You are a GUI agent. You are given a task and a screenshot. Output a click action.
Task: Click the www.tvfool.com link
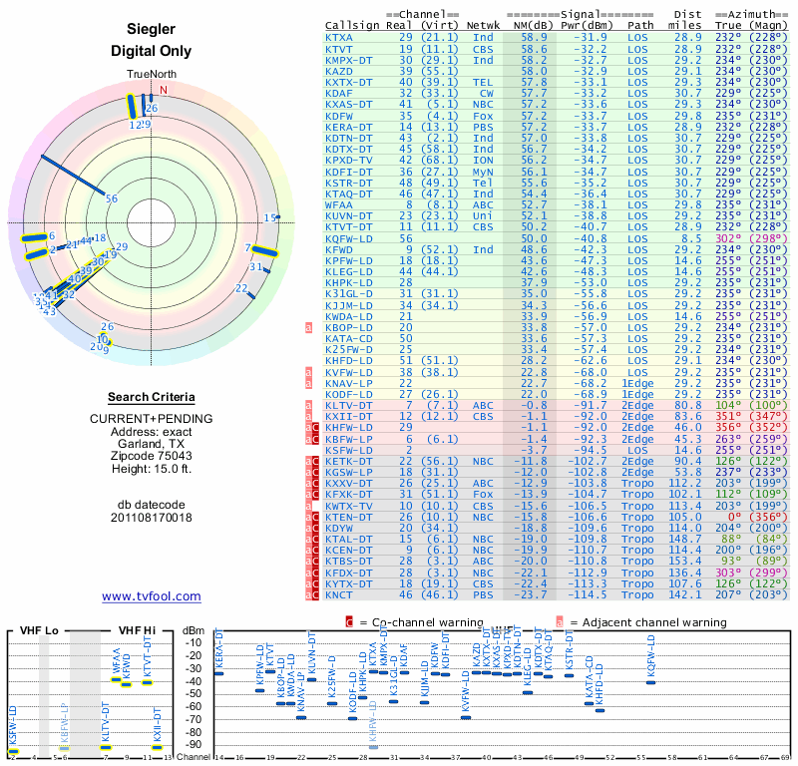coord(152,596)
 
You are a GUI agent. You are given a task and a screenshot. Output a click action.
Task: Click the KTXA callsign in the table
coord(339,38)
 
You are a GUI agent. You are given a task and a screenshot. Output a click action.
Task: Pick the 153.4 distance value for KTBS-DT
coord(685,562)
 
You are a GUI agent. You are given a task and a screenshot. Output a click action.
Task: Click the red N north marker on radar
coord(164,90)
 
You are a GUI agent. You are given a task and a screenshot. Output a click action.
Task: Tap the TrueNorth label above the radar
coord(151,76)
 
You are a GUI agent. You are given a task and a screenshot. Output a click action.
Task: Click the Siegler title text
coord(152,31)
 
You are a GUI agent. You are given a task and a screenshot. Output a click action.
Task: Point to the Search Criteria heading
coord(152,397)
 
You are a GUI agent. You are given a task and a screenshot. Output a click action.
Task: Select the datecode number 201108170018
coord(152,519)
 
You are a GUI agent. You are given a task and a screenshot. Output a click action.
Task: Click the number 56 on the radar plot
coord(112,199)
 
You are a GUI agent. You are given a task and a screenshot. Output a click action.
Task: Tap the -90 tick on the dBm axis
coord(195,745)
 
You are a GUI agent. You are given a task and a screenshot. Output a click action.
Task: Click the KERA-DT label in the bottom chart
coord(219,650)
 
